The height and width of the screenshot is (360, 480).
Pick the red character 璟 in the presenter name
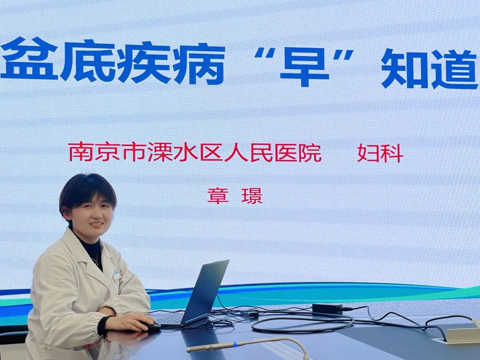tap(252, 196)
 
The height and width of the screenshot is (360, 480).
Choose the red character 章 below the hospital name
tap(218, 196)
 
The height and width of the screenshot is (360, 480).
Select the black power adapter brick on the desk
tap(328, 308)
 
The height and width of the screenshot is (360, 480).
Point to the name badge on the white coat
tap(117, 275)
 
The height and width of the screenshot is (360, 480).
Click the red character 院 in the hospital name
tap(310, 152)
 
